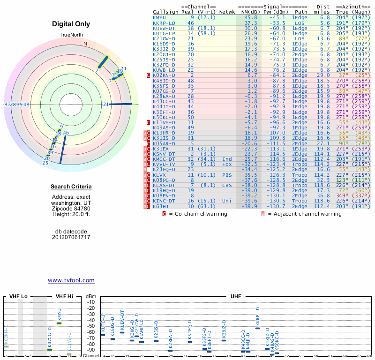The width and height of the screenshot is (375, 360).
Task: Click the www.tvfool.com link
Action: (71, 280)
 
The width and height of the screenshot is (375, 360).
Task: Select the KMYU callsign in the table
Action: (159, 17)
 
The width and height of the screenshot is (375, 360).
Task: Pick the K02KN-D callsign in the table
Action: (164, 75)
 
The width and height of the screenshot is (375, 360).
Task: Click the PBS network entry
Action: (226, 175)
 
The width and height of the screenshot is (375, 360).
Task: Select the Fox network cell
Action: (226, 165)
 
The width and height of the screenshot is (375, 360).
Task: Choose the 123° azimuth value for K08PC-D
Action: (343, 180)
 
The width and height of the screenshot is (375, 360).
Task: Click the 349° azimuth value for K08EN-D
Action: (343, 195)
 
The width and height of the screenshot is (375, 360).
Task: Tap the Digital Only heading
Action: (71, 24)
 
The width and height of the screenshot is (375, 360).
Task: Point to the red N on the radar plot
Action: (85, 44)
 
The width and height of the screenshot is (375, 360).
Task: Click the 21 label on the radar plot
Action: (106, 104)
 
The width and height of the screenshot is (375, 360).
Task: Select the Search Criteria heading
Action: (71, 187)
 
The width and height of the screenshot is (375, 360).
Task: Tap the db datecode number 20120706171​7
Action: (71, 237)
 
